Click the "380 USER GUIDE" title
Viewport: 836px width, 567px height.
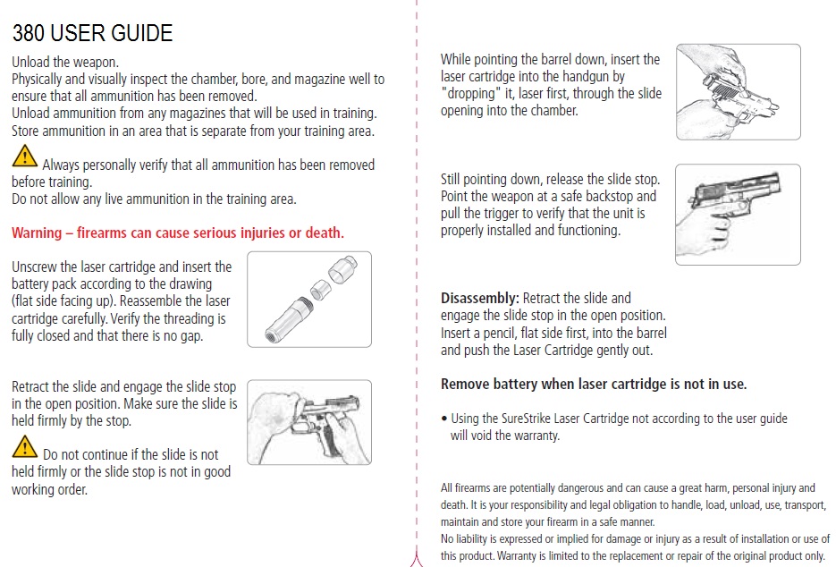point(92,33)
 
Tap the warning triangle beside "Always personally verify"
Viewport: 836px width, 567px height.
point(24,157)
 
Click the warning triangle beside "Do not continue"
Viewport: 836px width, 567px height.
point(24,447)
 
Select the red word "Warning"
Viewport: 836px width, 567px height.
point(37,233)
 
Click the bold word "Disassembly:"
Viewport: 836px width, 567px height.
point(480,299)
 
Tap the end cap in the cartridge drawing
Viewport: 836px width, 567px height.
point(342,269)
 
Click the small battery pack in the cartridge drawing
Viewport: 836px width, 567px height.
point(321,290)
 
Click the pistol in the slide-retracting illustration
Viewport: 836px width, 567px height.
point(326,421)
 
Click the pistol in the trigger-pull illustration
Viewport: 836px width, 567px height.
point(736,193)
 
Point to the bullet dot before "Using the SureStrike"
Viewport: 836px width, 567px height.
point(444,419)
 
